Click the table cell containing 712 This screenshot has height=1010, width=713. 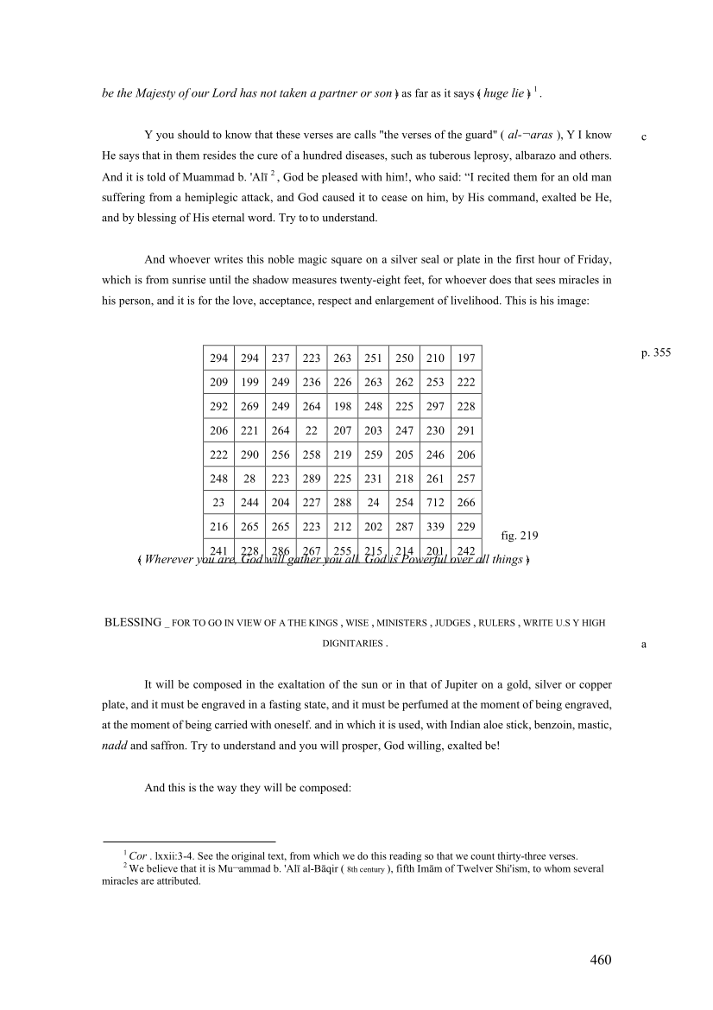435,503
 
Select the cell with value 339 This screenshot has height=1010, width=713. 435,527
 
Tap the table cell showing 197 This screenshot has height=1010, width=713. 466,358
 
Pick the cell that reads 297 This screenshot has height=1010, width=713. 435,406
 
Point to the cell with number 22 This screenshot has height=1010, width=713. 312,430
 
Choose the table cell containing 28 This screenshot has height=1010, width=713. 249,479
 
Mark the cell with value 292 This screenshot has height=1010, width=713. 218,406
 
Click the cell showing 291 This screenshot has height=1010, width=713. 466,430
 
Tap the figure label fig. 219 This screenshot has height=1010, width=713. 520,536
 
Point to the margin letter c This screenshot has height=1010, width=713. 644,137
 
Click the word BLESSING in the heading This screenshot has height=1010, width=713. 132,622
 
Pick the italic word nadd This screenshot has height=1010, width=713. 114,745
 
